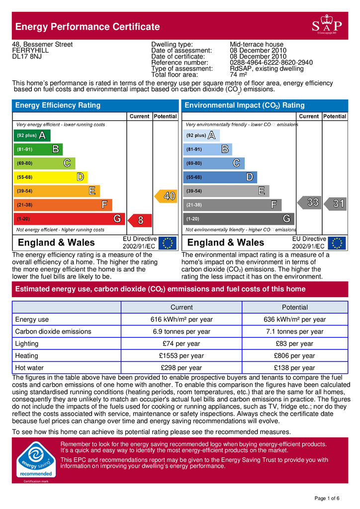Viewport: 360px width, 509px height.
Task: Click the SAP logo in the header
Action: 327,26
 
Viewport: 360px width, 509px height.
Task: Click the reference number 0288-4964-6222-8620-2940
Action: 271,63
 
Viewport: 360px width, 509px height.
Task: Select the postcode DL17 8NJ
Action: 27,57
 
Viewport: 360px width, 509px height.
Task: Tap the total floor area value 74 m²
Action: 239,75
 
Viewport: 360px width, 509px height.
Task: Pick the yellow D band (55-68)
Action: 50,177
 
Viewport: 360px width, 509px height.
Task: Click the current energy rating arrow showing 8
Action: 140,219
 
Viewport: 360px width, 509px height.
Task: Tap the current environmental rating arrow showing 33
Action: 309,203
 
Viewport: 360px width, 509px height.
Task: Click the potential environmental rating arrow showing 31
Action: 335,203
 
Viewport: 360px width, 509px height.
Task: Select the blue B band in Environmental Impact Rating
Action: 208,149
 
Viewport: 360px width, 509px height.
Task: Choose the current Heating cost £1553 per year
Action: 181,356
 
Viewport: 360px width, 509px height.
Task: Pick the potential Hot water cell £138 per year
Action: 294,368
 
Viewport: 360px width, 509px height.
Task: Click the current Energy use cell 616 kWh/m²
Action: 181,320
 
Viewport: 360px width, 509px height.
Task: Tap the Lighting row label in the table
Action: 27,343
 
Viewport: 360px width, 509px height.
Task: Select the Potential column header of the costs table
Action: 294,307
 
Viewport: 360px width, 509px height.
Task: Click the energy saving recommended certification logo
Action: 35,460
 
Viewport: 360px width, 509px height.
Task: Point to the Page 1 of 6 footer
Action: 327,498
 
